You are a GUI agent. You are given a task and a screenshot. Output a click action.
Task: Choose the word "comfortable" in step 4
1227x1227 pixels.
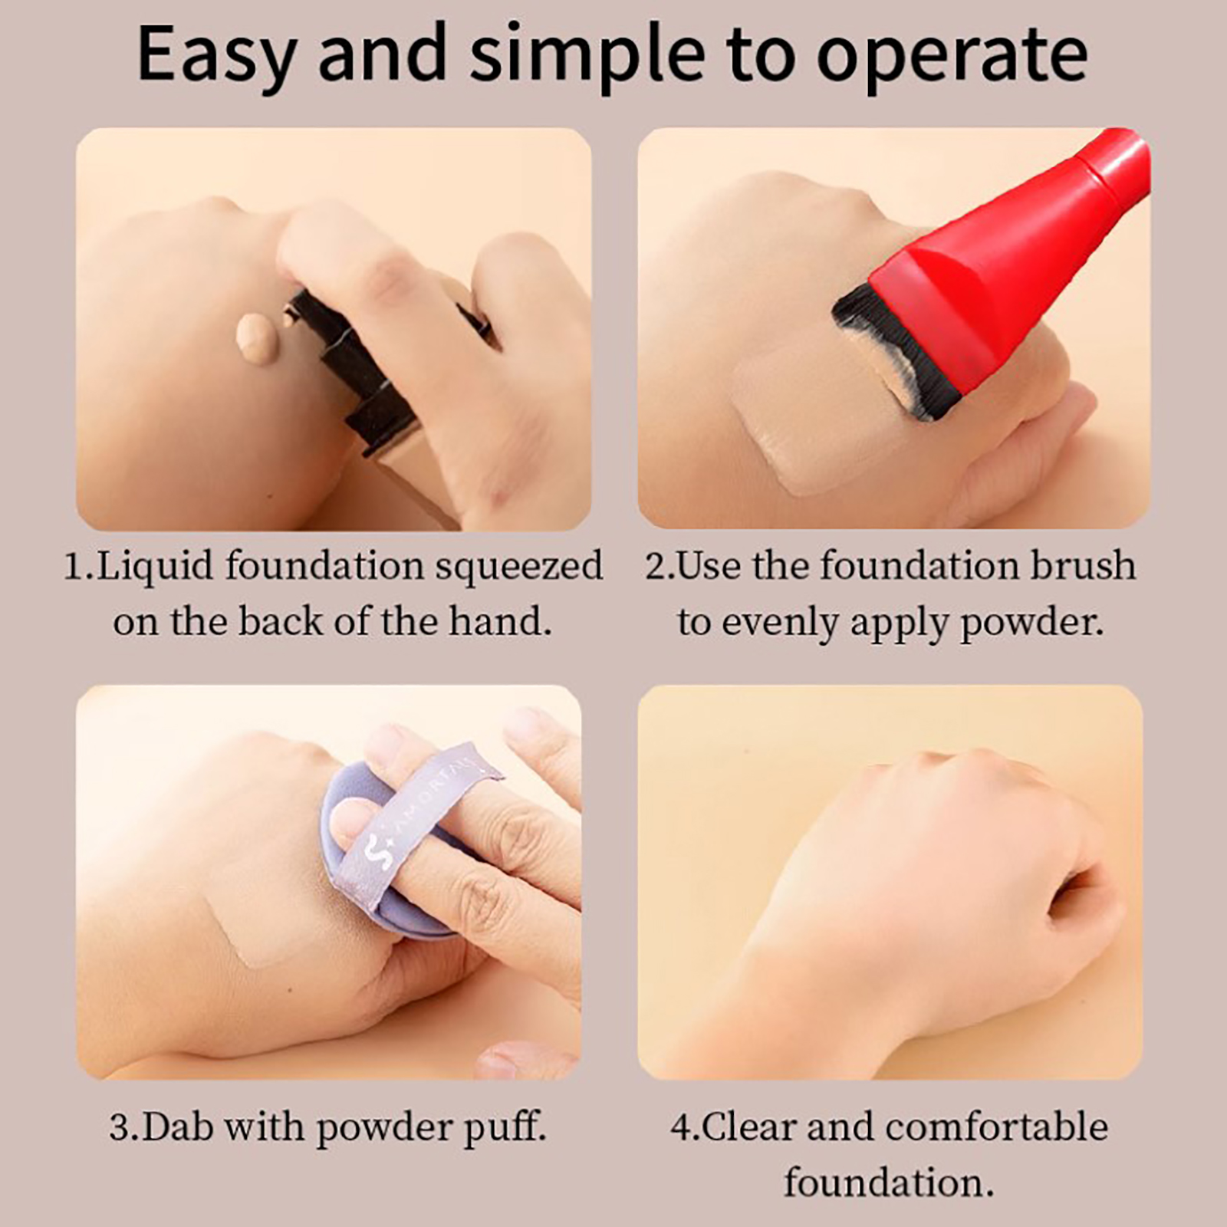pos(996,1127)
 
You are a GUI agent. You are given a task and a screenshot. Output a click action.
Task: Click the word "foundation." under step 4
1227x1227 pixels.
pos(889,1183)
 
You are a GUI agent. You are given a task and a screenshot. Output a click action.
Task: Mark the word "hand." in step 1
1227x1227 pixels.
pos(500,621)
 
